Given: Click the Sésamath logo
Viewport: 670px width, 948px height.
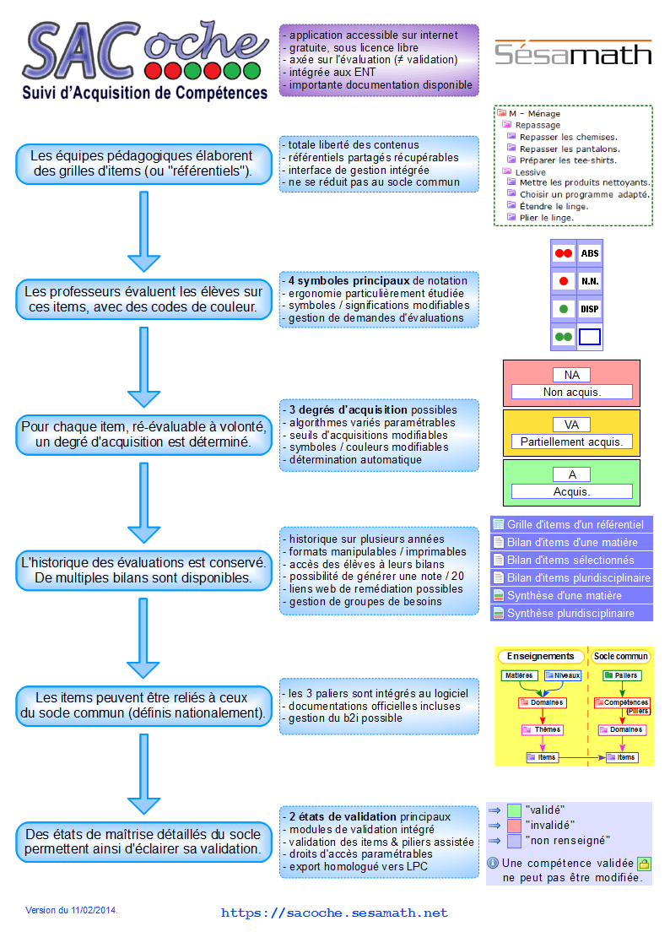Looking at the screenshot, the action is point(573,53).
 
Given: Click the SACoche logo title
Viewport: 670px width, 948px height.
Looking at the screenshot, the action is point(145,60).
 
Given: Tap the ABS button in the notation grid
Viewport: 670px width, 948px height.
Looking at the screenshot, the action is point(590,253).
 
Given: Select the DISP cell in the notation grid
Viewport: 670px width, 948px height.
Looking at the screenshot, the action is point(590,309).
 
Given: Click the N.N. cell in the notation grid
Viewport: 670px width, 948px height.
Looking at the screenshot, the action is point(590,281).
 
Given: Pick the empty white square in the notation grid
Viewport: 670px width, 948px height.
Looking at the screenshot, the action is point(590,337).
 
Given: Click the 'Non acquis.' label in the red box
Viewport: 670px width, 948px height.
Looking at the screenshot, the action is point(571,392).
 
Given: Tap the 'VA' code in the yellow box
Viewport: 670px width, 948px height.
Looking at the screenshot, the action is point(571,425).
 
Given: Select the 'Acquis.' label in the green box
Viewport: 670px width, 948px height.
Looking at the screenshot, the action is point(571,491).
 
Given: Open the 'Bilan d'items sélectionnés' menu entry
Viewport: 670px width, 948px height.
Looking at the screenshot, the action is point(571,560).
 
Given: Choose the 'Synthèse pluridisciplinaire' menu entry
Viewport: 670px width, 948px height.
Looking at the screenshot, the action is point(571,613).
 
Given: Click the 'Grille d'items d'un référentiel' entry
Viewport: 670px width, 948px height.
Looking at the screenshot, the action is point(571,524).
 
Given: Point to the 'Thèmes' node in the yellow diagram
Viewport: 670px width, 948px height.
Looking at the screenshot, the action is point(542,729).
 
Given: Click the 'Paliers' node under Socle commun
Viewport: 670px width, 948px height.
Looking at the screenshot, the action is point(622,675).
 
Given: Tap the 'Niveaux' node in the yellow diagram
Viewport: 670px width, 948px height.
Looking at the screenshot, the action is point(563,675).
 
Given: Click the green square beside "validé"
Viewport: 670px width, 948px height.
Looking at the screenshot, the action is point(514,810).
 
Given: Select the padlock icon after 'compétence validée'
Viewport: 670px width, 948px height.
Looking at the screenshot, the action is point(645,864).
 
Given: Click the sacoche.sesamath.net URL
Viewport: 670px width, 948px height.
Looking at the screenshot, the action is point(334,913).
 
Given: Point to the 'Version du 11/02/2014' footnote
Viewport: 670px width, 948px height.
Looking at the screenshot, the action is point(71,910).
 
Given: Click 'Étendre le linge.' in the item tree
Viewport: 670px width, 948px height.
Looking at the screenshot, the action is point(554,206).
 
